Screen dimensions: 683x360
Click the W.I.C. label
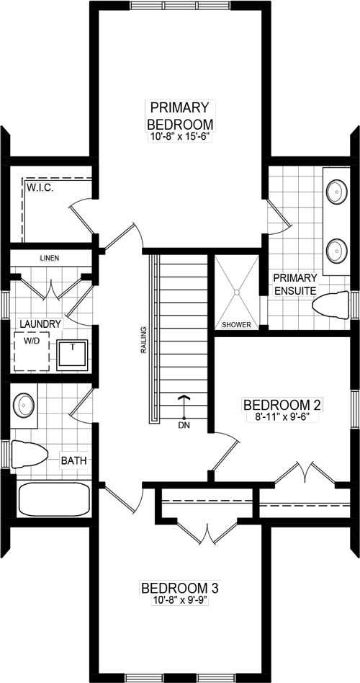tap(40, 187)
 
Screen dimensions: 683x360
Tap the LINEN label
tap(50, 258)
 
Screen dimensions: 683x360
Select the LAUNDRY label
tap(40, 324)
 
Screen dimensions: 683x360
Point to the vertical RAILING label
tap(143, 339)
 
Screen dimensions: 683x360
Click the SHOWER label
tap(236, 325)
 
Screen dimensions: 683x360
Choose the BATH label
tap(74, 460)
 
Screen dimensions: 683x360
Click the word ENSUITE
tap(295, 291)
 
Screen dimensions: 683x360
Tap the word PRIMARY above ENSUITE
tap(295, 278)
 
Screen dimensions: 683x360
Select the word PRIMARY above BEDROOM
tap(180, 108)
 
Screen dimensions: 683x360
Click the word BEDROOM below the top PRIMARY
tap(180, 124)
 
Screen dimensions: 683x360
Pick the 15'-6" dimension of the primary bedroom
tap(197, 136)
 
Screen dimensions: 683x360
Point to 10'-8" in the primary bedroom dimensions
tap(162, 136)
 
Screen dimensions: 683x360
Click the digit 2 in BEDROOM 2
tap(317, 405)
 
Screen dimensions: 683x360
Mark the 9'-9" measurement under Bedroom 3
tap(196, 600)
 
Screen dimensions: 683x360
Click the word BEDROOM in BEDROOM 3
tap(173, 589)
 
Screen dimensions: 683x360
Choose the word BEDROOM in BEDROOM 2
tap(276, 405)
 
